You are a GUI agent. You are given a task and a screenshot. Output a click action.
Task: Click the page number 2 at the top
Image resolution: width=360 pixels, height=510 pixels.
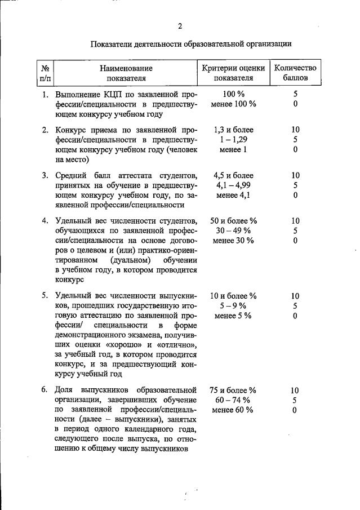click(180, 26)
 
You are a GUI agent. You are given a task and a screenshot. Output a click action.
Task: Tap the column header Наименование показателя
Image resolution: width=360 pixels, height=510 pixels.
click(126, 73)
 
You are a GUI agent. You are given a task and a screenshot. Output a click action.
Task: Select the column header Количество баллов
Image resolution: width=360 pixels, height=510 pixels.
click(295, 73)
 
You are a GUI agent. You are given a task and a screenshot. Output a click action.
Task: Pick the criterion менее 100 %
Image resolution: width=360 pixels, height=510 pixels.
click(234, 104)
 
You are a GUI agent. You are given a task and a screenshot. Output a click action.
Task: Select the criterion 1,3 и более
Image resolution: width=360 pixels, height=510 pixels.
click(234, 130)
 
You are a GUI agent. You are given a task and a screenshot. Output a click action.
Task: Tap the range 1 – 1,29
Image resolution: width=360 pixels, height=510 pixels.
click(234, 140)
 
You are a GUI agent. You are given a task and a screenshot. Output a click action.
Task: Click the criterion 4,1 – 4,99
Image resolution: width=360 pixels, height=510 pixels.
click(234, 185)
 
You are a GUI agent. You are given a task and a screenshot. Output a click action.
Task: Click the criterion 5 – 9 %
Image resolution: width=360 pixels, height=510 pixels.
click(234, 306)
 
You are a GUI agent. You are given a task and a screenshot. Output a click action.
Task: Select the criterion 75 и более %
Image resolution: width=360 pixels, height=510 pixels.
click(234, 390)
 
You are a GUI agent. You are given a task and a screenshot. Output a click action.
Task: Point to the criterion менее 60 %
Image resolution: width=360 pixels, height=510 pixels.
click(234, 410)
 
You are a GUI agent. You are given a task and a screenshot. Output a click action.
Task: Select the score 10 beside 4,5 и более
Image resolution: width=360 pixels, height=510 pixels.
click(295, 175)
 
